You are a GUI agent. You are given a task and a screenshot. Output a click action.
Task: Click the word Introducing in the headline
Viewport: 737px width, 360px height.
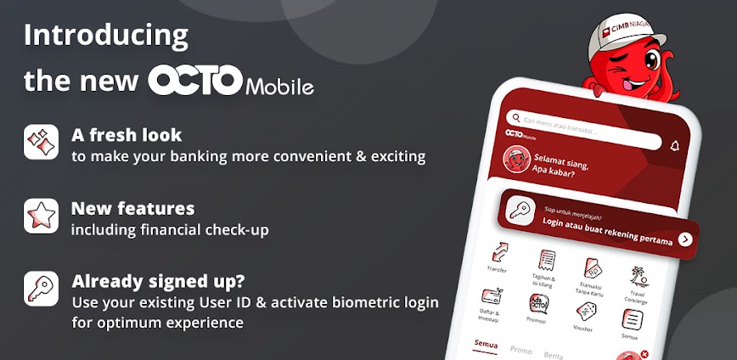click(106, 36)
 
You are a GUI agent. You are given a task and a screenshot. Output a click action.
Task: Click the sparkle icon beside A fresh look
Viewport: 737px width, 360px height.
click(41, 142)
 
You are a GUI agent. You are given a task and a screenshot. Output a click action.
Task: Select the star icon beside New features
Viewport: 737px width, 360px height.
click(41, 216)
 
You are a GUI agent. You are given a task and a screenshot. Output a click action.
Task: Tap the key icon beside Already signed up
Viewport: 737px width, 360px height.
click(41, 289)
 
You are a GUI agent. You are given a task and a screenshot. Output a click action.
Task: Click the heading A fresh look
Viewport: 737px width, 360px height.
click(127, 135)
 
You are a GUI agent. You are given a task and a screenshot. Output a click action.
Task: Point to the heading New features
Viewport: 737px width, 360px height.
click(132, 209)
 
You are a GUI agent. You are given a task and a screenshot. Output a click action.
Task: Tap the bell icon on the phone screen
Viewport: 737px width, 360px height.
click(675, 145)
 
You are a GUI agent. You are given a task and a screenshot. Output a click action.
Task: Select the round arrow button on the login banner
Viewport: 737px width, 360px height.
click(684, 239)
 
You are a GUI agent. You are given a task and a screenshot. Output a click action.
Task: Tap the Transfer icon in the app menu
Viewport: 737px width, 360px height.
click(498, 252)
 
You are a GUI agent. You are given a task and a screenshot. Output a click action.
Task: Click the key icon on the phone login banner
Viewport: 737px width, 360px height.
click(520, 211)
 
